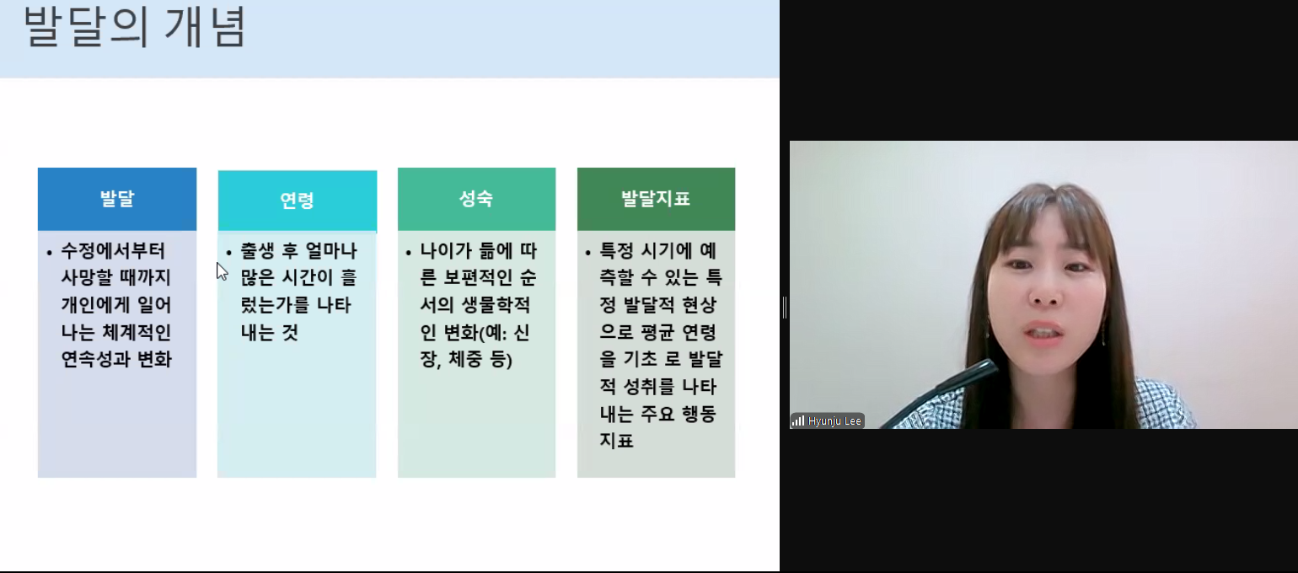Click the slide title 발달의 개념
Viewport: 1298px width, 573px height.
coord(135,26)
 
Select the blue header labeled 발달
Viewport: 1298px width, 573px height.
coord(117,199)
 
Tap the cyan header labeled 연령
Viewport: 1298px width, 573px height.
coord(298,201)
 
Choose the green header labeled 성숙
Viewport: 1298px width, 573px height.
coord(476,199)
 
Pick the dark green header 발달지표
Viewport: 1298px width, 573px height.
coord(656,199)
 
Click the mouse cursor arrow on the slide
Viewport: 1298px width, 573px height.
coord(222,271)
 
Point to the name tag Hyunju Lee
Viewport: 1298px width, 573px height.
coord(834,421)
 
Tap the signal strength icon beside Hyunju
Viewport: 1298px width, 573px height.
coord(798,420)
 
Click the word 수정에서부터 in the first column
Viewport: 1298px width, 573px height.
coord(114,251)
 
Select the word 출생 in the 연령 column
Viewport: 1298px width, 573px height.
coord(257,251)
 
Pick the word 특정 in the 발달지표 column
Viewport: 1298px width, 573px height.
coord(617,251)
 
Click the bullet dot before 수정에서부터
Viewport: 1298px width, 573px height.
coord(49,253)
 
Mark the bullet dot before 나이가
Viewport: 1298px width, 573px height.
coord(409,253)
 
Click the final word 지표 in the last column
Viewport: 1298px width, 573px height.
coord(617,441)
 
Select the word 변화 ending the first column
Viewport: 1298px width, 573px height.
coord(155,360)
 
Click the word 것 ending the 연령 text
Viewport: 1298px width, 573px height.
coord(290,333)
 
